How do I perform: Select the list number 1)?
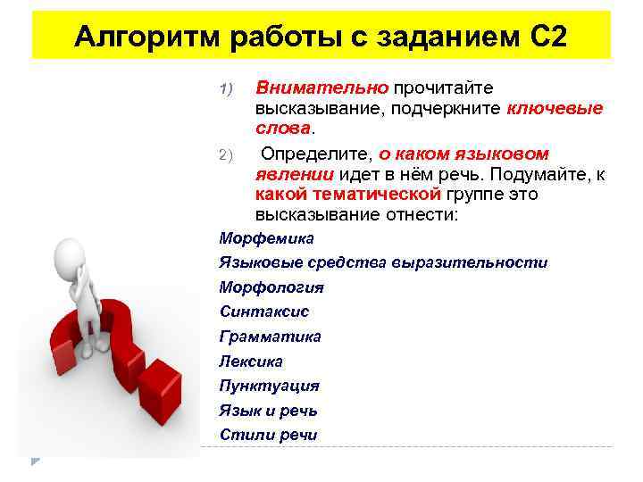click(x=225, y=88)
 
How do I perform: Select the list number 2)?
click(x=225, y=155)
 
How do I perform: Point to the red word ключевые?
click(x=555, y=109)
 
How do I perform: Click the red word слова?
click(x=280, y=129)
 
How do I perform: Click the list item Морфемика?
click(x=266, y=238)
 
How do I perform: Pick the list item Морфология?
click(x=271, y=287)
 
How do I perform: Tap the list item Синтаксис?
click(x=264, y=312)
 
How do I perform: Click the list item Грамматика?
click(x=271, y=337)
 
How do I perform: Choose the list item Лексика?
click(x=251, y=361)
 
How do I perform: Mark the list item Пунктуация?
click(x=269, y=386)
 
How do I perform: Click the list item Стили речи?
click(x=268, y=435)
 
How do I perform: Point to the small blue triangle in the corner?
click(x=36, y=460)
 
